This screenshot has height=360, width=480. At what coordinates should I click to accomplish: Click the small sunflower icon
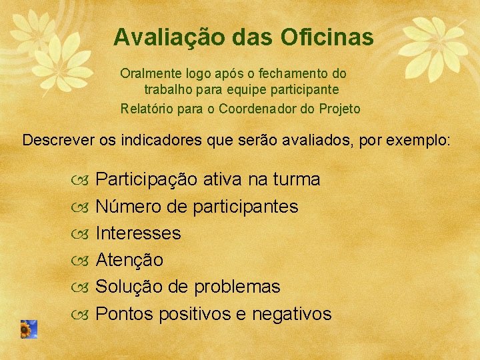point(28,329)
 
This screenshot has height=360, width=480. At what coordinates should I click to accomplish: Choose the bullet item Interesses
point(138,233)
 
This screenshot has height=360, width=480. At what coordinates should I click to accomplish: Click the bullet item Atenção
point(129,260)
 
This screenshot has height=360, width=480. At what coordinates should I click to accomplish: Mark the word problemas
point(237,287)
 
